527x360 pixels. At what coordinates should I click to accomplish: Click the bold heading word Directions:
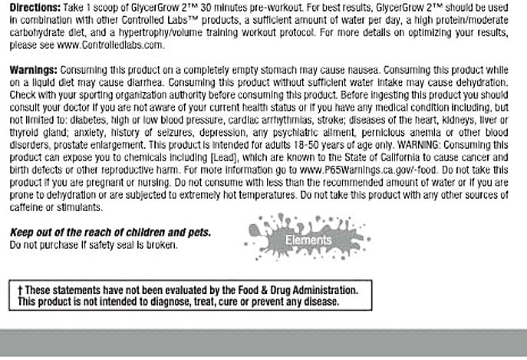click(31, 6)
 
